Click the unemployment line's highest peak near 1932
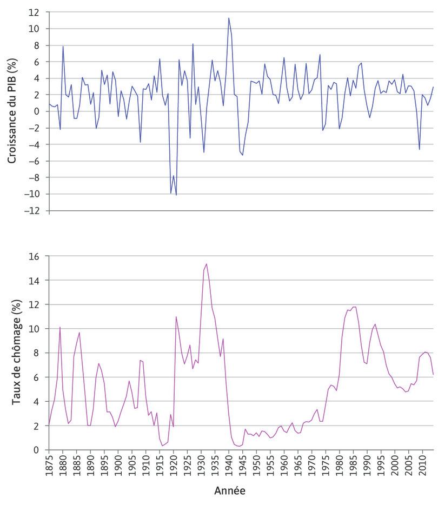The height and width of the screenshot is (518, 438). pos(207,264)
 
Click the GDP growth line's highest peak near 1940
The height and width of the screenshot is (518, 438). pos(229,18)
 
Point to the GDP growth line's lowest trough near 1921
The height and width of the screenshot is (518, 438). pos(176,195)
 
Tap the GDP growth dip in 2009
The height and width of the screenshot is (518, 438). pos(419,149)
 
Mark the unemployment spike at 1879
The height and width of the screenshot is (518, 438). pos(60,327)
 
